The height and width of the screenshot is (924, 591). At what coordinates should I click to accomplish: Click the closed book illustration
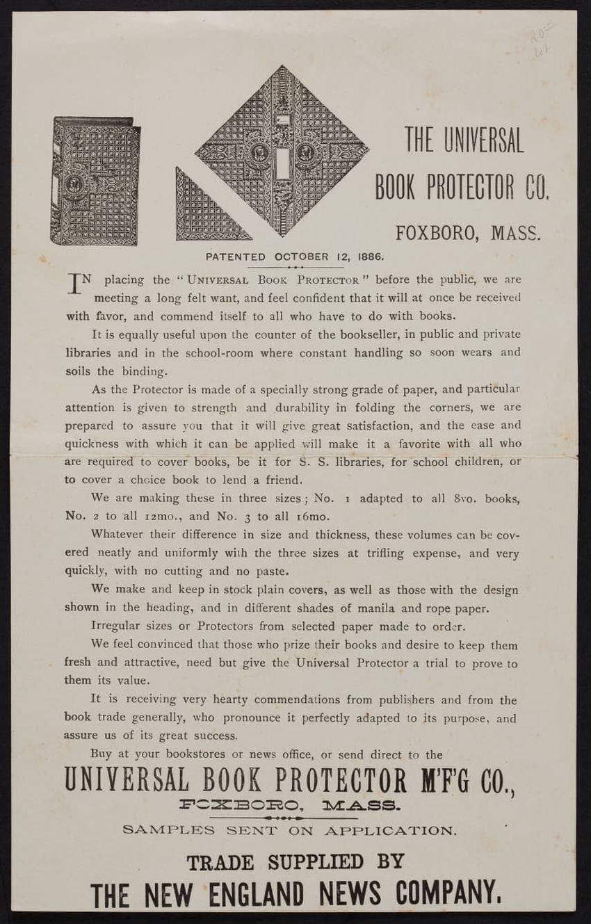click(95, 181)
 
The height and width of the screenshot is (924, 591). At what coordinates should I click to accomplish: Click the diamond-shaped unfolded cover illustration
click(282, 151)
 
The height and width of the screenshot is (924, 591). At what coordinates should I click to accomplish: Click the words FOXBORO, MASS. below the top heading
click(468, 232)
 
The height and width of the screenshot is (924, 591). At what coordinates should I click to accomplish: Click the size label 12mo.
click(141, 517)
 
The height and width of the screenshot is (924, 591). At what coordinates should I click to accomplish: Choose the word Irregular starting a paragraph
click(115, 626)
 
